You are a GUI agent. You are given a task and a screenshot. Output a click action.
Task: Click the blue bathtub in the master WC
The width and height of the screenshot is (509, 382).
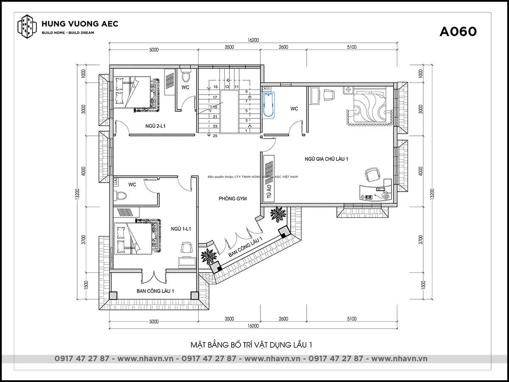click(x=268, y=105)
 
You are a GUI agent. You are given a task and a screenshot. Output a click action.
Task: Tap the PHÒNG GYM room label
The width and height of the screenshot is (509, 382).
click(x=233, y=199)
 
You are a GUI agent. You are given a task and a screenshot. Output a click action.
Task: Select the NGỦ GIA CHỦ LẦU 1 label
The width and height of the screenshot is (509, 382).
click(x=326, y=159)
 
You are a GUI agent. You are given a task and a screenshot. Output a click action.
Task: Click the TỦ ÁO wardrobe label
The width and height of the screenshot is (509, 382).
click(x=269, y=191)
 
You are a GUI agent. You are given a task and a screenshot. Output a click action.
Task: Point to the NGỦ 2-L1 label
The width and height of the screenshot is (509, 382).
click(x=155, y=126)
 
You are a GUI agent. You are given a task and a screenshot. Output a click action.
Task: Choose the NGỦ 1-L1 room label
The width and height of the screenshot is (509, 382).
click(x=181, y=229)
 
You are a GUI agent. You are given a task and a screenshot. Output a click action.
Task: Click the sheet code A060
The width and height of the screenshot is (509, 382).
click(x=458, y=32)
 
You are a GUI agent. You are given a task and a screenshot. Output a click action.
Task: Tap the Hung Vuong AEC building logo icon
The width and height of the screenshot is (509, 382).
click(x=27, y=26)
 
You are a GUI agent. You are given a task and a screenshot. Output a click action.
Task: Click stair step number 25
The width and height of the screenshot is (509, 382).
click(x=215, y=136)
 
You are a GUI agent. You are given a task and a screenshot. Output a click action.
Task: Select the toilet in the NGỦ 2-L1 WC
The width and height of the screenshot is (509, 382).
click(x=185, y=76)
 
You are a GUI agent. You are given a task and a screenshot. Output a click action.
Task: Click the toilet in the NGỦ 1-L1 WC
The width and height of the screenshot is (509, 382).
click(x=120, y=195)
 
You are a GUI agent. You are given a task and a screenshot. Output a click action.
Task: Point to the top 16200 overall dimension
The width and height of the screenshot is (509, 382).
click(x=253, y=40)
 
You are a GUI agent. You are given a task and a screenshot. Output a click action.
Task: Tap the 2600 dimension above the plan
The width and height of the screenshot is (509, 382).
click(x=283, y=47)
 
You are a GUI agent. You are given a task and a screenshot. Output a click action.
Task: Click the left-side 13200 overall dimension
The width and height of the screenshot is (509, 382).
click(x=78, y=194)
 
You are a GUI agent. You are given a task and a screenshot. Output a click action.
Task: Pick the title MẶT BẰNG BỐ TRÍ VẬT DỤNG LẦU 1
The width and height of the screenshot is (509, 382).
click(x=252, y=345)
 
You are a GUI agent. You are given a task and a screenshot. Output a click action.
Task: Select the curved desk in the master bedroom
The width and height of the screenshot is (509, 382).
click(x=375, y=191)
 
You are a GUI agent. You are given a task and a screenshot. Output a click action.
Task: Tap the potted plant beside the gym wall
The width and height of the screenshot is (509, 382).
click(x=278, y=213)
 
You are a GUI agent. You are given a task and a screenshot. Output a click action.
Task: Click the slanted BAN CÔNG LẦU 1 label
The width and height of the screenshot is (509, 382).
click(x=245, y=247)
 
